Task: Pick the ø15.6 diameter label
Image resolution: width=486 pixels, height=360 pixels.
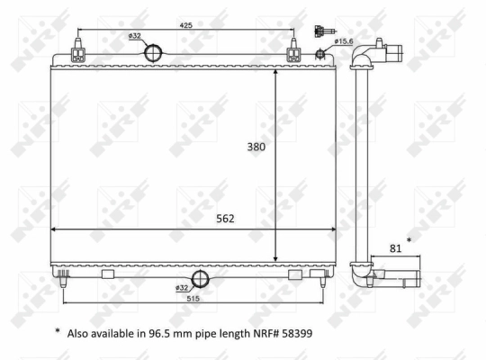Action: pos(346,40)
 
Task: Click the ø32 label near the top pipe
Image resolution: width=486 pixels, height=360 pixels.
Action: pos(135,36)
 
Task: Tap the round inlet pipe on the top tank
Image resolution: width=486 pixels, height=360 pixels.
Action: pos(156,53)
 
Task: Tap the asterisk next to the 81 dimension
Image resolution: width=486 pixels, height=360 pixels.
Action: pos(409,241)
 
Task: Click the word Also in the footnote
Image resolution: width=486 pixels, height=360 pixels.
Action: pos(79,332)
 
